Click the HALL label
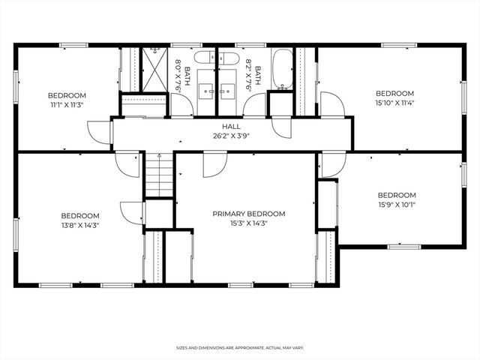click(x=230, y=127)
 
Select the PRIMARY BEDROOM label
click(x=248, y=214)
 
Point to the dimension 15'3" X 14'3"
click(x=248, y=223)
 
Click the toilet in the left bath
click(x=205, y=58)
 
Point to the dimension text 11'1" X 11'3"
click(x=67, y=106)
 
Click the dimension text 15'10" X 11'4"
click(x=394, y=103)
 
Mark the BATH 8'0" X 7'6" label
click(x=182, y=76)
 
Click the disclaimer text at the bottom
click(x=240, y=348)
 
